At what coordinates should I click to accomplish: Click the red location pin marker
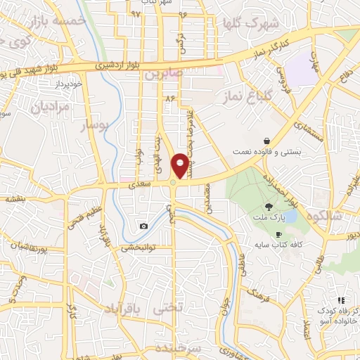tap(181, 165)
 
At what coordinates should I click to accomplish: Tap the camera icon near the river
tap(144, 226)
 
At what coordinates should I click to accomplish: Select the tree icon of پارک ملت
tap(269, 207)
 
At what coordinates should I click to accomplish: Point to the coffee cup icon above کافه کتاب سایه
tap(279, 234)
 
